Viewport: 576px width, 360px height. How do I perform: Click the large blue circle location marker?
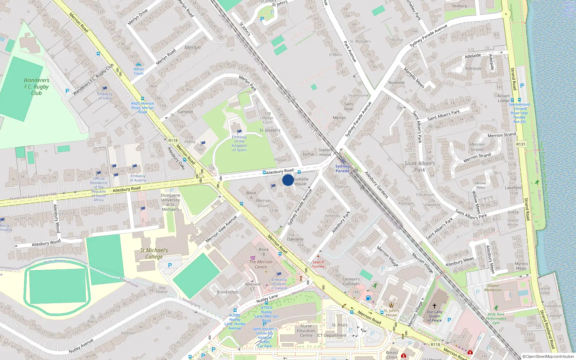pyautogui.click(x=288, y=180)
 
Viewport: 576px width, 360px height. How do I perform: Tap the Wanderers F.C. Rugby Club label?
pyautogui.click(x=36, y=86)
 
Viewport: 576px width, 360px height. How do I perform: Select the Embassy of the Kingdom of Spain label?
pyautogui.click(x=239, y=143)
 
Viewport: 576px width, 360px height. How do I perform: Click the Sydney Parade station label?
pyautogui.click(x=342, y=168)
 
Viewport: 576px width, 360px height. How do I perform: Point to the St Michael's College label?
pyautogui.click(x=154, y=253)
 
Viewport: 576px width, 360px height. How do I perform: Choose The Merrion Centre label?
pyautogui.click(x=261, y=264)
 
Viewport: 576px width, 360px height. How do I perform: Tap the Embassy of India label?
pyautogui.click(x=105, y=96)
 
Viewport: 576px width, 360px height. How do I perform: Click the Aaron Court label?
pyautogui.click(x=139, y=71)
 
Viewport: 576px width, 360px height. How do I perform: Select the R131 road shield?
pyautogui.click(x=521, y=144)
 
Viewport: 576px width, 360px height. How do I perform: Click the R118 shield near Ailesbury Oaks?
pyautogui.click(x=173, y=140)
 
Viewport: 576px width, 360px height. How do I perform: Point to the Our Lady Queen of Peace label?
pyautogui.click(x=435, y=316)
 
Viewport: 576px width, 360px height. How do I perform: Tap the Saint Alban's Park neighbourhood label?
pyautogui.click(x=420, y=166)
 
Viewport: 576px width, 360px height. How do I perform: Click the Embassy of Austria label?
pyautogui.click(x=138, y=178)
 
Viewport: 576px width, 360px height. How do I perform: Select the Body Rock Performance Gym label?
pyautogui.click(x=496, y=318)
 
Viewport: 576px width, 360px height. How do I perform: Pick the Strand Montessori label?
pyautogui.click(x=493, y=288)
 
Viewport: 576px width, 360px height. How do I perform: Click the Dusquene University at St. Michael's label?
pyautogui.click(x=171, y=202)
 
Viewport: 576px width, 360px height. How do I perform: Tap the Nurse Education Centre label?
pyautogui.click(x=306, y=330)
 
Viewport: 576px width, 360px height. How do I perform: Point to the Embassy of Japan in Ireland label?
pyautogui.click(x=279, y=284)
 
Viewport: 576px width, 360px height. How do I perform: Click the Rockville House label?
pyautogui.click(x=301, y=181)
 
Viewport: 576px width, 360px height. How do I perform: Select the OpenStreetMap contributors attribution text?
pyautogui.click(x=548, y=356)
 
